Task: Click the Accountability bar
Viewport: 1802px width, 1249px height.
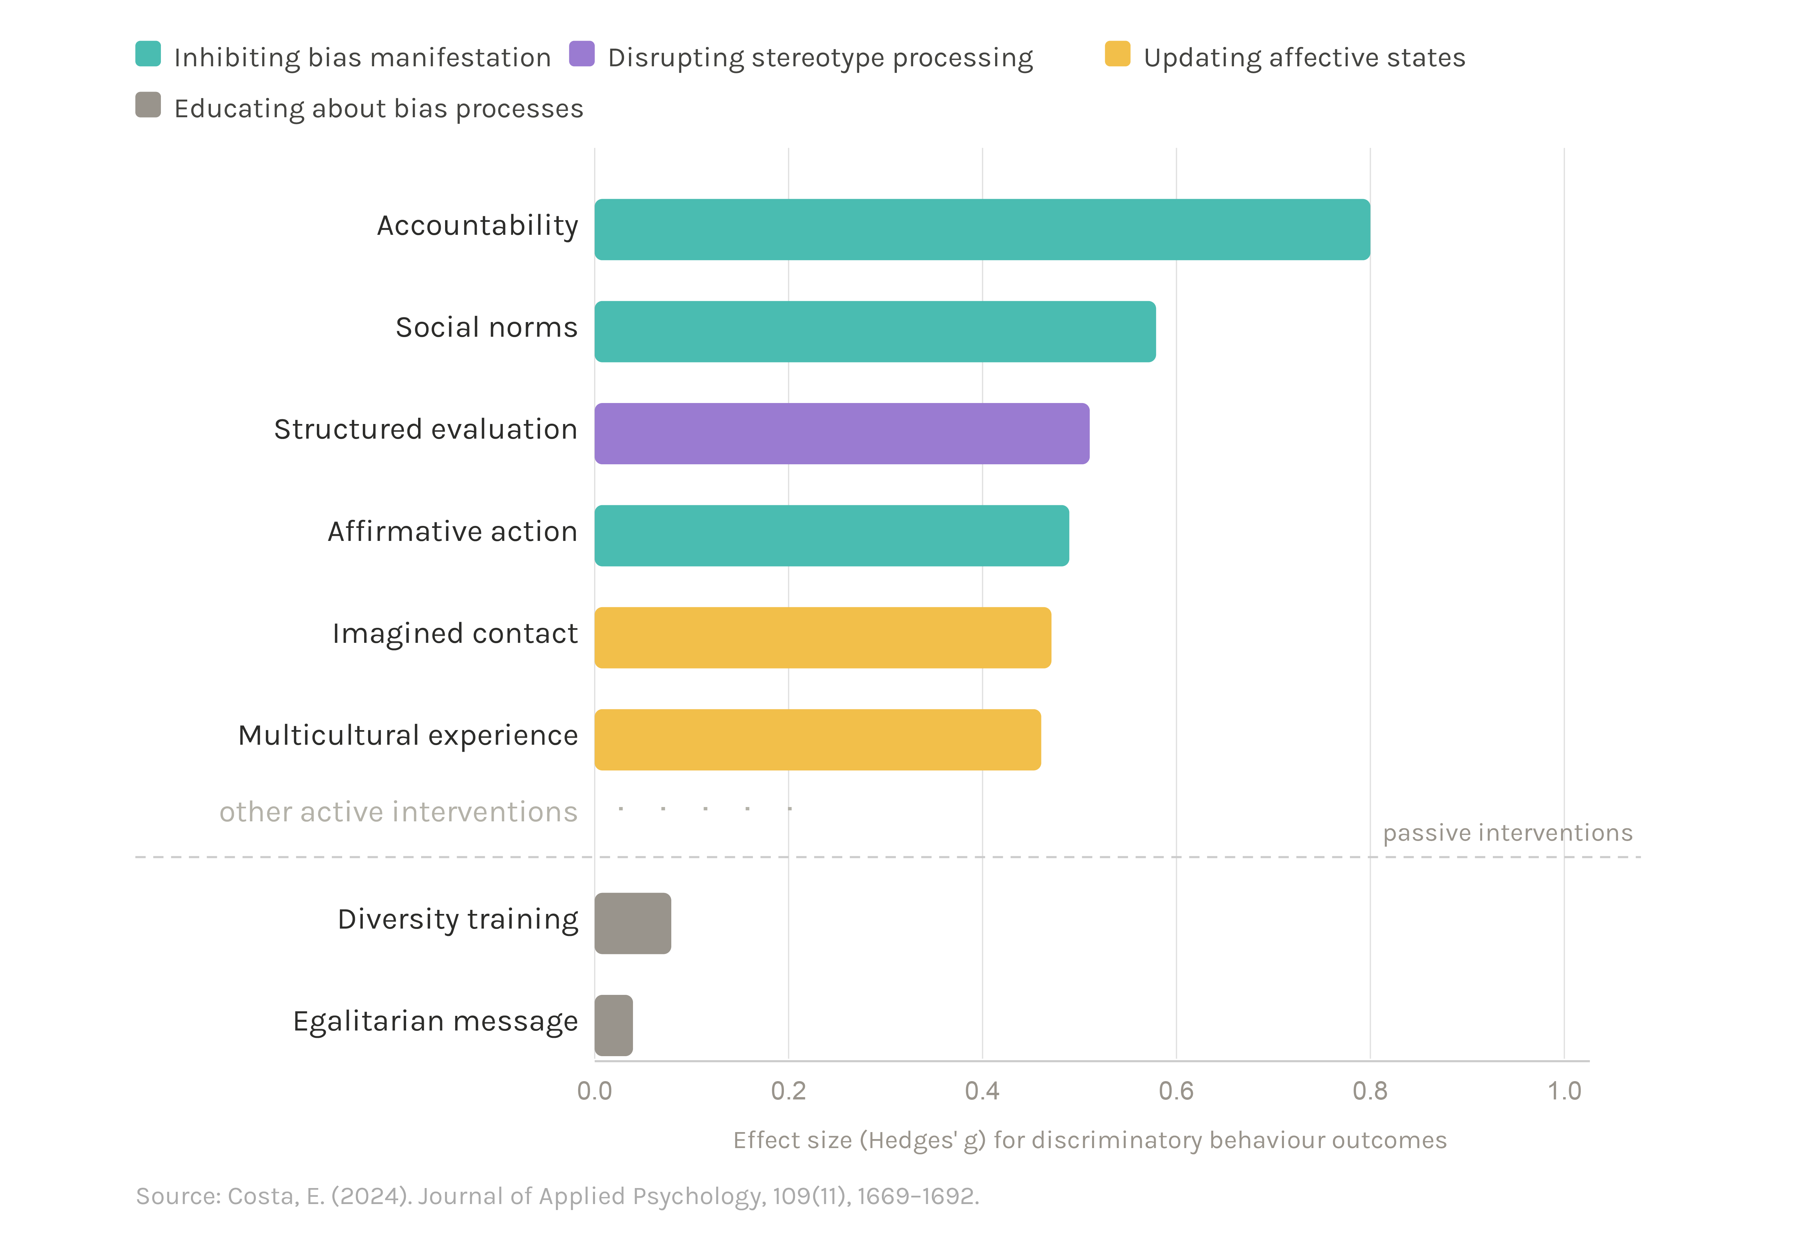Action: pyautogui.click(x=982, y=229)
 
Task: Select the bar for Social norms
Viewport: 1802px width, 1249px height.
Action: pyautogui.click(x=875, y=332)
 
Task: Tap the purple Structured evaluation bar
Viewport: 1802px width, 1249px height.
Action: pyautogui.click(x=842, y=434)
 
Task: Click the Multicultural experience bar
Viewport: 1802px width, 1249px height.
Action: pyautogui.click(x=817, y=739)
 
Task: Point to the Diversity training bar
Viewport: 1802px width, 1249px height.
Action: pyautogui.click(x=633, y=924)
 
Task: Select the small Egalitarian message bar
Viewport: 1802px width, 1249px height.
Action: pyautogui.click(x=614, y=1025)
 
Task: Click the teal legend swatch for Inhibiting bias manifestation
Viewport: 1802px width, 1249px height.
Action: pyautogui.click(x=148, y=54)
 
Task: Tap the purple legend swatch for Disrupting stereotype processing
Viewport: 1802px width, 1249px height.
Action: pyautogui.click(x=582, y=54)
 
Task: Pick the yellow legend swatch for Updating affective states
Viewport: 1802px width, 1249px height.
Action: pyautogui.click(x=1117, y=54)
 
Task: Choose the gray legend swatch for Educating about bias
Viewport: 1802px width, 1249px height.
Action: pyautogui.click(x=148, y=105)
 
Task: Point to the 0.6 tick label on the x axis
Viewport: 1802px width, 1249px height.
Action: pyautogui.click(x=1176, y=1090)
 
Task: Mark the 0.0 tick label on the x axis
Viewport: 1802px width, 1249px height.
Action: pyautogui.click(x=594, y=1090)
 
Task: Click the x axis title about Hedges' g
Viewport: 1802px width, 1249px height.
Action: pyautogui.click(x=1090, y=1140)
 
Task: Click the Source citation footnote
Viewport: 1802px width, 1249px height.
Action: pyautogui.click(x=557, y=1196)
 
